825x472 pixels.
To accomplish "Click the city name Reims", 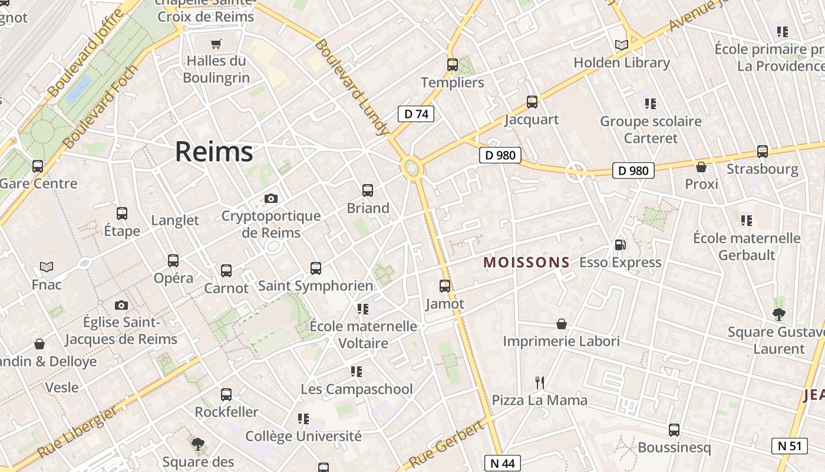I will [x=214, y=152].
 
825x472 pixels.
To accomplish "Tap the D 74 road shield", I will [x=416, y=114].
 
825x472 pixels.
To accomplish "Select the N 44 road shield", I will [x=503, y=464].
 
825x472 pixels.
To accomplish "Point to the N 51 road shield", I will [x=790, y=445].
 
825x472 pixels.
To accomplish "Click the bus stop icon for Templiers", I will [x=453, y=65].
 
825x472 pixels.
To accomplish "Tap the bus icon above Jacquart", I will [x=532, y=102].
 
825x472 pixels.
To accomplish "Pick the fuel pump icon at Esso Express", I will [x=620, y=245].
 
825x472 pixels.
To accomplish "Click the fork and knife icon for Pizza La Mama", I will [x=539, y=383].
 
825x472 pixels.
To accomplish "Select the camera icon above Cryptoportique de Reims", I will [x=271, y=198].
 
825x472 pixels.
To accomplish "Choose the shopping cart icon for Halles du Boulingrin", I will [x=216, y=44].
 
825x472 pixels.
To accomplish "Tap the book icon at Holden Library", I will [x=621, y=45].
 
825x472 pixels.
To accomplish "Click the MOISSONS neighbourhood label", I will [x=527, y=263].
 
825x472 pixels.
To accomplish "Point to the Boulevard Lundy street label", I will [x=351, y=87].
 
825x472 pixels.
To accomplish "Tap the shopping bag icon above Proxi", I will [x=701, y=167].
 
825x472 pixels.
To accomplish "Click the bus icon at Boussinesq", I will [x=674, y=430].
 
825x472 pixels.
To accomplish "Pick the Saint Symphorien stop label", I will [x=316, y=286].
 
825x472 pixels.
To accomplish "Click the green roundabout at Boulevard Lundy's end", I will [x=412, y=169].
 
